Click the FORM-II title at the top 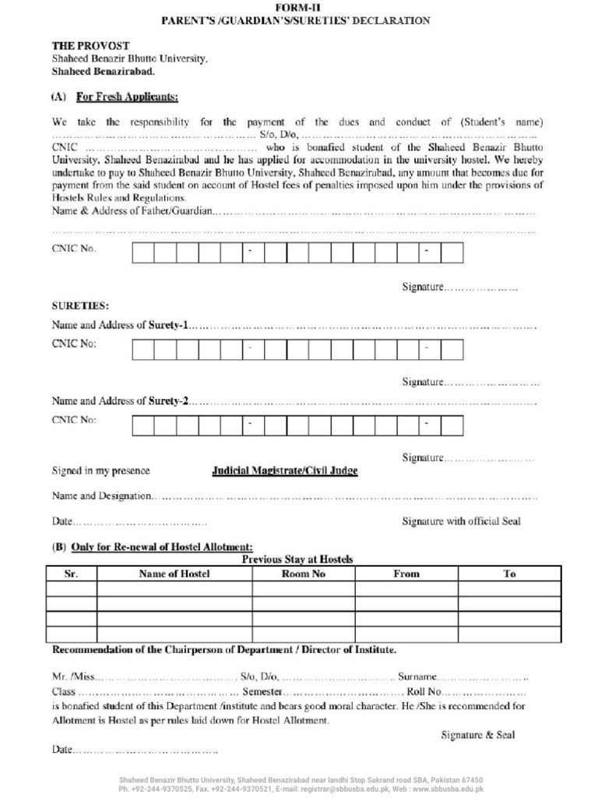(x=298, y=6)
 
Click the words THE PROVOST (x=91, y=46)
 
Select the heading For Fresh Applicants (x=126, y=97)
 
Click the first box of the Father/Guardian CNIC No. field (x=142, y=252)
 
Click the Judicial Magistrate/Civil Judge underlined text (x=285, y=471)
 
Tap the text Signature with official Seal (x=461, y=521)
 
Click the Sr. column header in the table (x=72, y=574)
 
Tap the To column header (x=509, y=574)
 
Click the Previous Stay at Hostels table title (x=297, y=560)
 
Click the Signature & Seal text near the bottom (x=477, y=735)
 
